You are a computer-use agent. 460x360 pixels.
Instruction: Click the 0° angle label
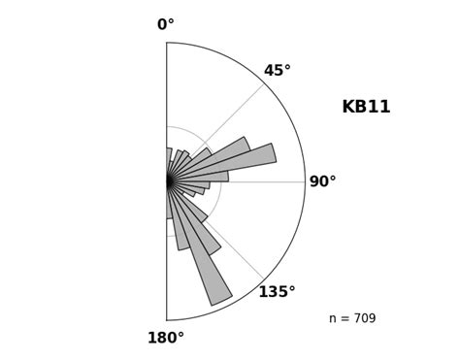(x=166, y=25)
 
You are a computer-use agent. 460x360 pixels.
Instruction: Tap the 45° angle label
(x=277, y=71)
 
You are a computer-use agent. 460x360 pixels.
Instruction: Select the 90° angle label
(x=322, y=182)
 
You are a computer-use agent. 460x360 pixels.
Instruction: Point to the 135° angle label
(x=277, y=292)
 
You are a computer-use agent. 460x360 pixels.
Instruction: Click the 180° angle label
(x=165, y=338)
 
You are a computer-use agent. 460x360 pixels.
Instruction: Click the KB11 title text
(x=366, y=108)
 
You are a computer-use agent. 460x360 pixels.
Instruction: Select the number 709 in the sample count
(x=362, y=319)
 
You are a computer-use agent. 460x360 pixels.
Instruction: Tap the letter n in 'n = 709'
(x=333, y=319)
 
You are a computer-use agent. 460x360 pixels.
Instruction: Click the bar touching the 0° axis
(x=169, y=160)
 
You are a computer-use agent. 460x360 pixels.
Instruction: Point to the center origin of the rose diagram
(x=167, y=181)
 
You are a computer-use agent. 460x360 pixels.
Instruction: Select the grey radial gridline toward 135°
(x=243, y=257)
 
